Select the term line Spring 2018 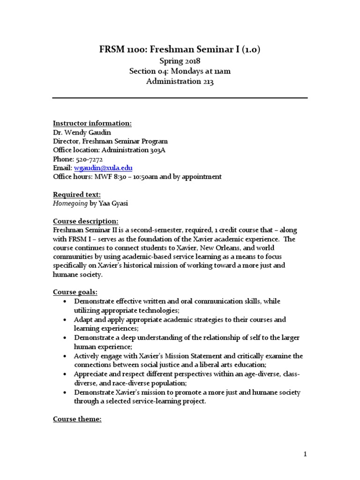tap(180, 61)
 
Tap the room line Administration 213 tap(180, 81)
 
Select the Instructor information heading tap(92, 123)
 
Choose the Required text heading tap(76, 195)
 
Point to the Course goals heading tap(75, 292)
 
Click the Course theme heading tap(77, 419)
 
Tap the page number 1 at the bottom tap(305, 454)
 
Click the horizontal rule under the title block tap(180, 98)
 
